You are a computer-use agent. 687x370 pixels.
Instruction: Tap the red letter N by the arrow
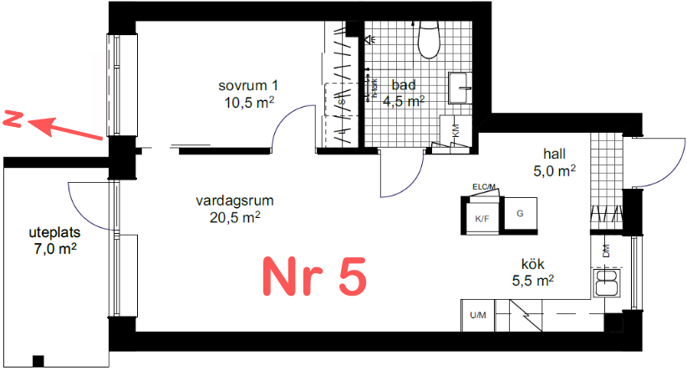[x=13, y=119]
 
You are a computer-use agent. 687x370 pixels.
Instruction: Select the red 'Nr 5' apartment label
[x=315, y=276]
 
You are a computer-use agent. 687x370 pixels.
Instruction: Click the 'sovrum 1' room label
[x=248, y=87]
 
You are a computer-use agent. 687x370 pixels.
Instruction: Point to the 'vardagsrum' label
[x=235, y=201]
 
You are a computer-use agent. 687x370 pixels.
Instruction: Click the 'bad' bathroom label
[x=404, y=86]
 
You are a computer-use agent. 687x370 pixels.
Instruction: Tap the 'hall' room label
[x=555, y=154]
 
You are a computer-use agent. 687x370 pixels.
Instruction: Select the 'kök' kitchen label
[x=533, y=264]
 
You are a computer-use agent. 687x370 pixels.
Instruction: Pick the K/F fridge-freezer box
[x=482, y=218]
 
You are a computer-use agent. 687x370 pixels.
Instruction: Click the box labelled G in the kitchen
[x=520, y=214]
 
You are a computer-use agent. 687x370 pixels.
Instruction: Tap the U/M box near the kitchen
[x=478, y=315]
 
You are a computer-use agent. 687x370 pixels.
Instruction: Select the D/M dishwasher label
[x=605, y=249]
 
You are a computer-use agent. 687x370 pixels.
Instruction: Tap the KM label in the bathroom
[x=455, y=131]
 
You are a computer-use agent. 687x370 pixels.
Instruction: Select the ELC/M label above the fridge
[x=484, y=186]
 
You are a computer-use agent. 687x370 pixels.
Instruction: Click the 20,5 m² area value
[x=235, y=217]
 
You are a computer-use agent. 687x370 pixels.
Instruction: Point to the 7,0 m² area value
[x=56, y=247]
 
